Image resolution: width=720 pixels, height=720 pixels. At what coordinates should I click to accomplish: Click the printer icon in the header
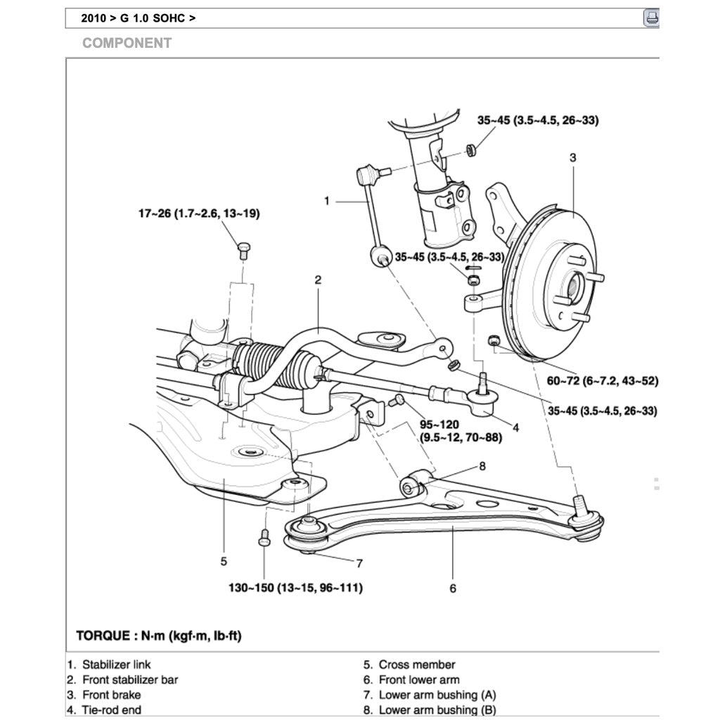click(x=651, y=18)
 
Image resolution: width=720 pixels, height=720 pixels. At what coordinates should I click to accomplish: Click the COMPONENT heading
click(x=127, y=43)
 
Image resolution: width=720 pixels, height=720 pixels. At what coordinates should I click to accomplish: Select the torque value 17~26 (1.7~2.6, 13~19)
click(x=198, y=214)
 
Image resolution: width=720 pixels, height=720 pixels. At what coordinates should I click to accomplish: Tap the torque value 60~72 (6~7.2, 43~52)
click(x=596, y=381)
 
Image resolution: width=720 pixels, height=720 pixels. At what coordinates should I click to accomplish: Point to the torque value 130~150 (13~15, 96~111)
click(x=295, y=587)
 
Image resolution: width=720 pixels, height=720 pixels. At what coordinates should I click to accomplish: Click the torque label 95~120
click(x=440, y=425)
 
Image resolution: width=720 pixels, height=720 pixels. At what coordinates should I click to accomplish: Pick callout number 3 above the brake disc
click(x=572, y=157)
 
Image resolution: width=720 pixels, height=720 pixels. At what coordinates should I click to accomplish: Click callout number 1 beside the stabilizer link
click(x=327, y=201)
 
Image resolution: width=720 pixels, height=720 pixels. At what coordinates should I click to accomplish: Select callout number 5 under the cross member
click(x=224, y=560)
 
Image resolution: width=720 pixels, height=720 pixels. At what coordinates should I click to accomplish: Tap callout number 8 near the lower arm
click(x=482, y=465)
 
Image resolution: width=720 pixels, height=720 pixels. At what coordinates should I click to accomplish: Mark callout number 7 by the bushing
click(x=359, y=562)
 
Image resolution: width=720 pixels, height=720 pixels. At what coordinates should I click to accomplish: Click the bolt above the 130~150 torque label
click(x=264, y=537)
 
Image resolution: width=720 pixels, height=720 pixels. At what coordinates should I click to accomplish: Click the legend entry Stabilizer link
click(x=116, y=664)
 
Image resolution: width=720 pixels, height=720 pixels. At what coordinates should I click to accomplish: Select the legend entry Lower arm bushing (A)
click(x=437, y=695)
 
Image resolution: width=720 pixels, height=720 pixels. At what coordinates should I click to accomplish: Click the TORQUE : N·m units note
click(x=159, y=636)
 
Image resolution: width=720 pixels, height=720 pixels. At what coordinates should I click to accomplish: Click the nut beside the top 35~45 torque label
click(x=470, y=149)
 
